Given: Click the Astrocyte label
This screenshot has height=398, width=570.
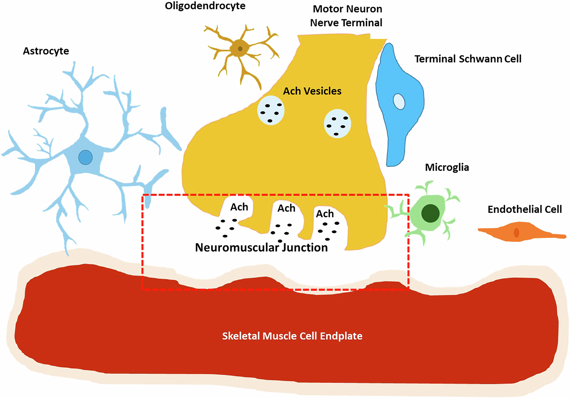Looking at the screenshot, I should tap(46, 51).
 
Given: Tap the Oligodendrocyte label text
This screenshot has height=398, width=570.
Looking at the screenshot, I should tap(205, 6).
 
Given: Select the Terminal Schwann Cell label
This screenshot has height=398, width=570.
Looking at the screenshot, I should tap(468, 59).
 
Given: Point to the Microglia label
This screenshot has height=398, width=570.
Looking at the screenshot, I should tap(447, 168).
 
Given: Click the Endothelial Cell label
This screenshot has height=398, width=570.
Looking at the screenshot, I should tap(524, 209).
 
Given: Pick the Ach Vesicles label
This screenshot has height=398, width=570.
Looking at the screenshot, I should tap(312, 91).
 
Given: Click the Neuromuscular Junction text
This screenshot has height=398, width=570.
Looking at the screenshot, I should tap(261, 248).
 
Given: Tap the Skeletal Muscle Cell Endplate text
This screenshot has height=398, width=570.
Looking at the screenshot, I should tap(292, 336).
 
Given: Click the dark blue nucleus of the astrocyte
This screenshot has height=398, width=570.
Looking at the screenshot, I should tap(85, 157).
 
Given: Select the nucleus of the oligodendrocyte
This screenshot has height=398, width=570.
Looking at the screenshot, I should tap(240, 49).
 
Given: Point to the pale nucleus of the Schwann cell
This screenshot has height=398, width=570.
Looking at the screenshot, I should tap(399, 101).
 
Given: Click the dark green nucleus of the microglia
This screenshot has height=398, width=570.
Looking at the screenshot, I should tap(430, 214).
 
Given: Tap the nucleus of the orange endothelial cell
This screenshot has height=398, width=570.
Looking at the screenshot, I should tap(516, 232).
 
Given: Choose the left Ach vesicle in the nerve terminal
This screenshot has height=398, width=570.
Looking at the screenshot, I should tap(271, 111).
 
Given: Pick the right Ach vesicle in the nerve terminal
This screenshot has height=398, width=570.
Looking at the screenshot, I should tap(337, 124).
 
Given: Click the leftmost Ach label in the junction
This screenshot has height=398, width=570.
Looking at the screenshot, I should tap(239, 207).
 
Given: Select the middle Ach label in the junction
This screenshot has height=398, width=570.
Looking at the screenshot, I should tap(286, 208).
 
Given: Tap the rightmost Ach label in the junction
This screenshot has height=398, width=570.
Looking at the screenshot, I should tap(325, 214).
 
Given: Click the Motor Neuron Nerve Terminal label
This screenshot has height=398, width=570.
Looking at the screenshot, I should tap(346, 16).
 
